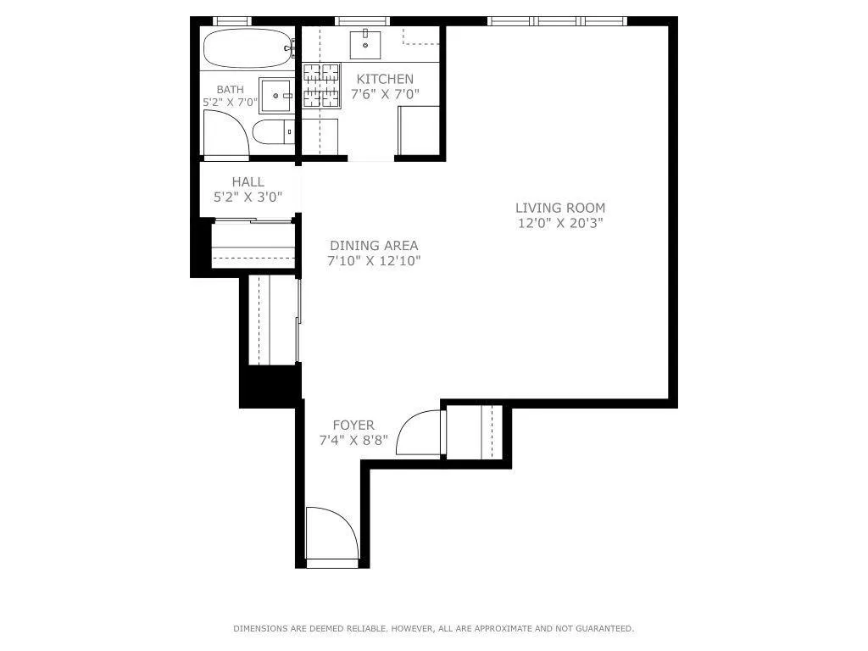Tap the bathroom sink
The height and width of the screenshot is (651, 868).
point(275,96)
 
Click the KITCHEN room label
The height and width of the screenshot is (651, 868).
point(385,79)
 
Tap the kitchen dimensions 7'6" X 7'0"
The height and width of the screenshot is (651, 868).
point(385,94)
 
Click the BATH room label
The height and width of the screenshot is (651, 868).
point(230,89)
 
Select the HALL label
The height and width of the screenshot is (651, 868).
point(248,181)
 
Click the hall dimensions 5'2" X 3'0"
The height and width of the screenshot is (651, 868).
point(248,197)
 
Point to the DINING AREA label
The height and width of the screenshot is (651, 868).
point(374,246)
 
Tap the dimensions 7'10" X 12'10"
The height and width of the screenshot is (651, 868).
point(374,261)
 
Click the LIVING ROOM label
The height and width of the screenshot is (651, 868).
point(560,208)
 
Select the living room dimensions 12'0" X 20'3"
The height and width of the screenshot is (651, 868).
point(560,224)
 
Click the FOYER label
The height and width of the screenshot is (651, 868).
point(353,425)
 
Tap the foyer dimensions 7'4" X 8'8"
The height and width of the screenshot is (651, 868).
point(353,440)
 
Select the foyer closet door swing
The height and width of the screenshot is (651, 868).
point(420,433)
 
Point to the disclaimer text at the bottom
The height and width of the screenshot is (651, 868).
point(433,628)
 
